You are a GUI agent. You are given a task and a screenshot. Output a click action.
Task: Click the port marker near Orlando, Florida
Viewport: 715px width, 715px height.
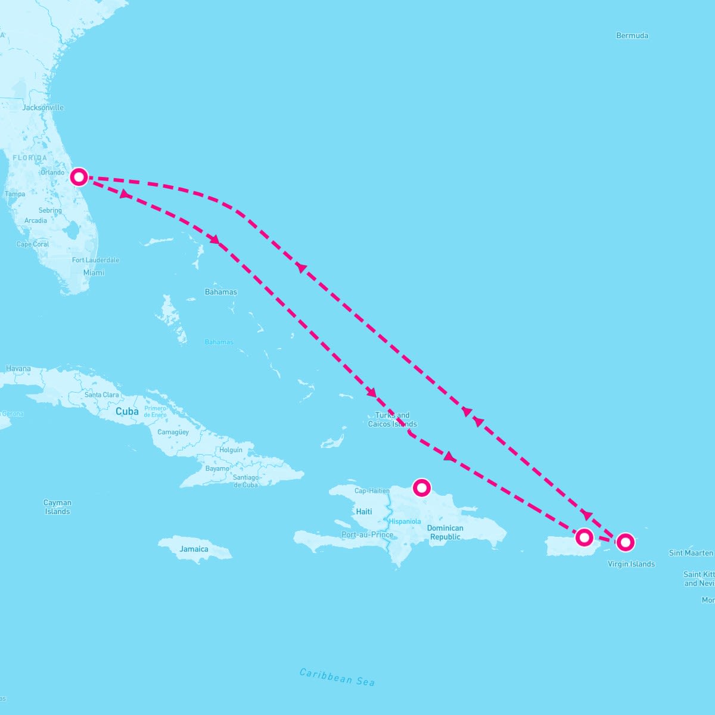[79, 176]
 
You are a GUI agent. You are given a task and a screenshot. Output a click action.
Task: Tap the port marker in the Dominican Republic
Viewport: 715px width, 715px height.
[422, 488]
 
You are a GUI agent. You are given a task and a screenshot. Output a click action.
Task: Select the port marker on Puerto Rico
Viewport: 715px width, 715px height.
[584, 537]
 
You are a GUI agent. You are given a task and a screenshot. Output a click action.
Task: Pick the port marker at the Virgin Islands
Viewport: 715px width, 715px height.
[625, 542]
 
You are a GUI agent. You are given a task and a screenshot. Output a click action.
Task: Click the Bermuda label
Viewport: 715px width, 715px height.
[632, 36]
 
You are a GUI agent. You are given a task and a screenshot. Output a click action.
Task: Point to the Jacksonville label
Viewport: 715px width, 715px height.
[43, 108]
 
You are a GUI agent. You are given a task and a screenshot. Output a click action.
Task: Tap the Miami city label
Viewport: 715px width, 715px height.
[94, 273]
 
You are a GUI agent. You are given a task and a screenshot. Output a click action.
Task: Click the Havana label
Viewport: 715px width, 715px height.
[18, 369]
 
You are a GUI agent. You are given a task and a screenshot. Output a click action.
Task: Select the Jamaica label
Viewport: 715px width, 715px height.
[194, 549]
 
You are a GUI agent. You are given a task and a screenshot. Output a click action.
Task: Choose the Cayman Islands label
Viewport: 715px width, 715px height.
[57, 507]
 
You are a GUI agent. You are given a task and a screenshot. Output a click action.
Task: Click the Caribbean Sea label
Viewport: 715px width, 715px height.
[337, 677]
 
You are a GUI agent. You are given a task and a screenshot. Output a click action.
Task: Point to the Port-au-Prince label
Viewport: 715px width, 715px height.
[367, 535]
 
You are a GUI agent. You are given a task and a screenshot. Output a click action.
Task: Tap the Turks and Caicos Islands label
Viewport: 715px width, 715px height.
[392, 420]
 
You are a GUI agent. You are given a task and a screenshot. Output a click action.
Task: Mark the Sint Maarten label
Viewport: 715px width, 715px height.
[691, 553]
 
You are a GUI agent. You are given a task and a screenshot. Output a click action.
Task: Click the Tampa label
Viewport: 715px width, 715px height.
[15, 194]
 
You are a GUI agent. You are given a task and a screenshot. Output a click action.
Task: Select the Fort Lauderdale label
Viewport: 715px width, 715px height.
[95, 260]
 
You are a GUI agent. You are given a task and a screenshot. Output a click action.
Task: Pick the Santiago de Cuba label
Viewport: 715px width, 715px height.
[246, 481]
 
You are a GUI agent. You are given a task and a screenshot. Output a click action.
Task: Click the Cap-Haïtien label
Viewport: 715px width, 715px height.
[372, 491]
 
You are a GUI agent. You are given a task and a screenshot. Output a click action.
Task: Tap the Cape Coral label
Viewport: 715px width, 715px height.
[33, 244]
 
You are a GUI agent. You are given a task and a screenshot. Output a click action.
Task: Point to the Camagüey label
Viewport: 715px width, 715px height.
[173, 432]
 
